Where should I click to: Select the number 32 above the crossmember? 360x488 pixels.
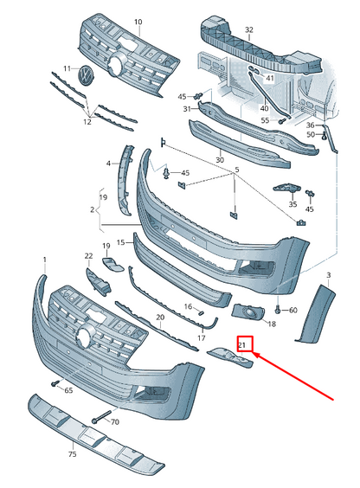pyautogui.click(x=249, y=29)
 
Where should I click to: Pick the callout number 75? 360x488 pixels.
pyautogui.click(x=72, y=454)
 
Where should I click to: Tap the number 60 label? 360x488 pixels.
pyautogui.click(x=292, y=310)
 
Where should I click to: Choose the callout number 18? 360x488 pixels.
pyautogui.click(x=271, y=324)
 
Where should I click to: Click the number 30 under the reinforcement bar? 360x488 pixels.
pyautogui.click(x=219, y=160)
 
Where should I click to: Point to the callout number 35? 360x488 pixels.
pyautogui.click(x=292, y=205)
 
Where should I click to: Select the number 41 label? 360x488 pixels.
pyautogui.click(x=269, y=79)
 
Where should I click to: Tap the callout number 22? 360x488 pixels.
pyautogui.click(x=88, y=256)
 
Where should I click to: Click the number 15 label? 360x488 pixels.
pyautogui.click(x=121, y=242)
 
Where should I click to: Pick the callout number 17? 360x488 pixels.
pyautogui.click(x=202, y=339)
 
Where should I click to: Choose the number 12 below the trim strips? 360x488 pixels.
pyautogui.click(x=87, y=122)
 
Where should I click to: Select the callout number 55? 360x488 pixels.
pyautogui.click(x=264, y=120)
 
